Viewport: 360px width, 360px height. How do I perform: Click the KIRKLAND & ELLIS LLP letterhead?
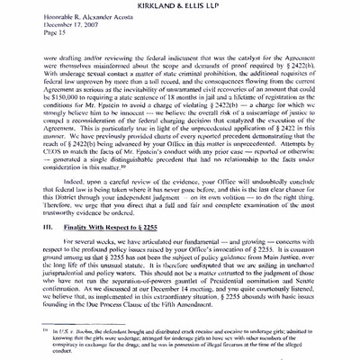(x=180, y=7)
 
